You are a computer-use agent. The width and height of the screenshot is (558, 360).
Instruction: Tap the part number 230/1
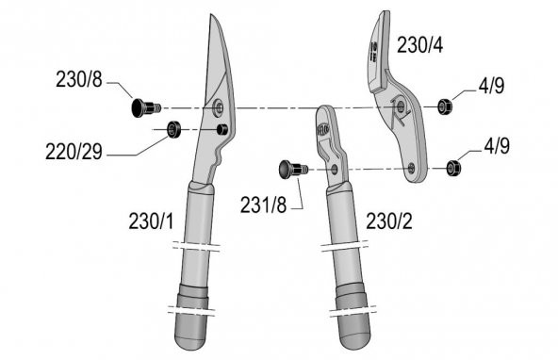tap(151, 221)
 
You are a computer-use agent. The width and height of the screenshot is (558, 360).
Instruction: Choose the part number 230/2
tap(388, 221)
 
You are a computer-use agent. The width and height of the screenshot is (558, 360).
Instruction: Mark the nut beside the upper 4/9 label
tap(446, 106)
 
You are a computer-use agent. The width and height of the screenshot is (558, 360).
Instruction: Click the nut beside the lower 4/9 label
tap(452, 168)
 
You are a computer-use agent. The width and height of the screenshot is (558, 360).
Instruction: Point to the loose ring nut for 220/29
tap(173, 130)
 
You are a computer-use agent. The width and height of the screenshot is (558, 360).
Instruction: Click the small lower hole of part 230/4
tap(411, 167)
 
